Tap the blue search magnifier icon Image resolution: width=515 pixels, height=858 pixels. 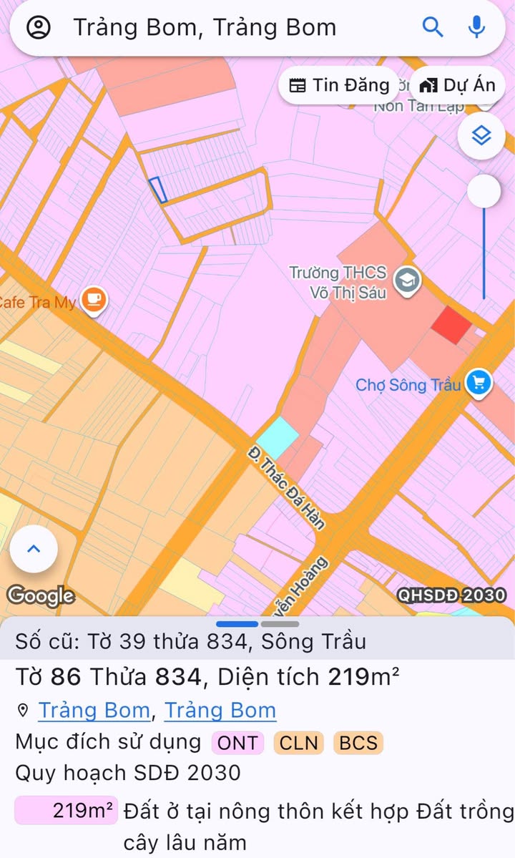tap(433, 27)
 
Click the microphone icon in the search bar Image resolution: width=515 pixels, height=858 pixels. tap(476, 27)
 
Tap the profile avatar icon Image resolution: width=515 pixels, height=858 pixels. tap(39, 27)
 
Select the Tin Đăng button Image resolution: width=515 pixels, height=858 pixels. tap(339, 85)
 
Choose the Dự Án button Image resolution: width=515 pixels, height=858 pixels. tap(457, 85)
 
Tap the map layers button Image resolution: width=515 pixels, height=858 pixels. tap(481, 135)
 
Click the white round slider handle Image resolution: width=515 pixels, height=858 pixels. tap(484, 192)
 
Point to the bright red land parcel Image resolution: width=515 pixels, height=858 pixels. tap(451, 325)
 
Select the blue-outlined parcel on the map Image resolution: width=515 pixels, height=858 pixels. tap(158, 190)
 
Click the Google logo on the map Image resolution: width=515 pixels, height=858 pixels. tap(41, 595)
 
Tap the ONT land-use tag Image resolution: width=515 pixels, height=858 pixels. tap(237, 743)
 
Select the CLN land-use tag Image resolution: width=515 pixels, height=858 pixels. tap(298, 743)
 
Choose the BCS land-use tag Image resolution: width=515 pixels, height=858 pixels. tap(358, 743)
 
